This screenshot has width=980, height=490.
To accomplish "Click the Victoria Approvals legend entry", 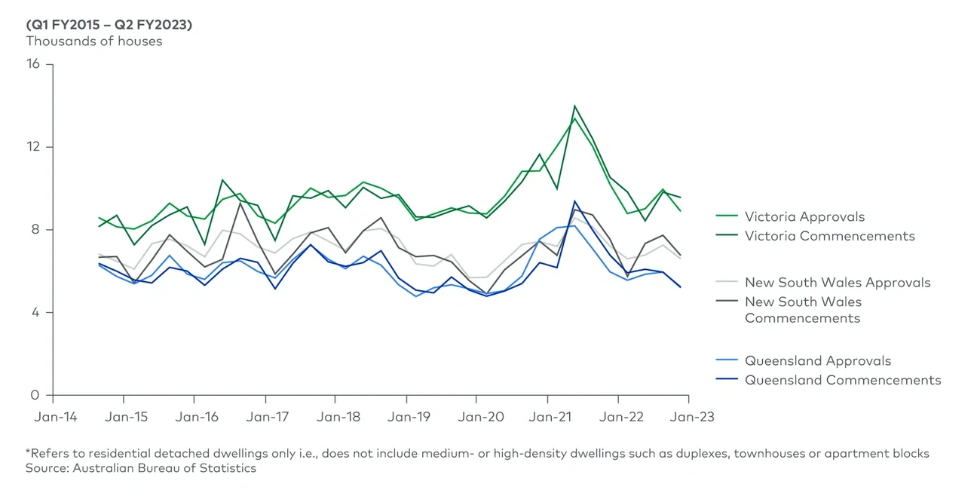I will click(804, 216).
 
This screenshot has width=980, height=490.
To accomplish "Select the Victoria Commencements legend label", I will click(829, 236).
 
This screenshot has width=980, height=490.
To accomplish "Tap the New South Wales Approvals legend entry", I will click(838, 283).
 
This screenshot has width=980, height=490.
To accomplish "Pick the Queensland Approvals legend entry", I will click(818, 360).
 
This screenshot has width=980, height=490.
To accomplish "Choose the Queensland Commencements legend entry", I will click(843, 380).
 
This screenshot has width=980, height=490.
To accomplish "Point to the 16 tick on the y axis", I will click(34, 65).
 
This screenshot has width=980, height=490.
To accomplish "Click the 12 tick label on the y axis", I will click(34, 147).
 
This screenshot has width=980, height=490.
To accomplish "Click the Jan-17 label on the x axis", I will click(265, 416).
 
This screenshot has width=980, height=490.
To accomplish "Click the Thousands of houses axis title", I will click(94, 41).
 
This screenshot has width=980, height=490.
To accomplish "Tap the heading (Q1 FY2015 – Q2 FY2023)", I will click(109, 25).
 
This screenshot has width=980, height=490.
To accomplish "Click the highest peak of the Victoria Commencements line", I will click(574, 106).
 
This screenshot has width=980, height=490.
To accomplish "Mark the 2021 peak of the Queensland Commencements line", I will click(574, 201).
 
